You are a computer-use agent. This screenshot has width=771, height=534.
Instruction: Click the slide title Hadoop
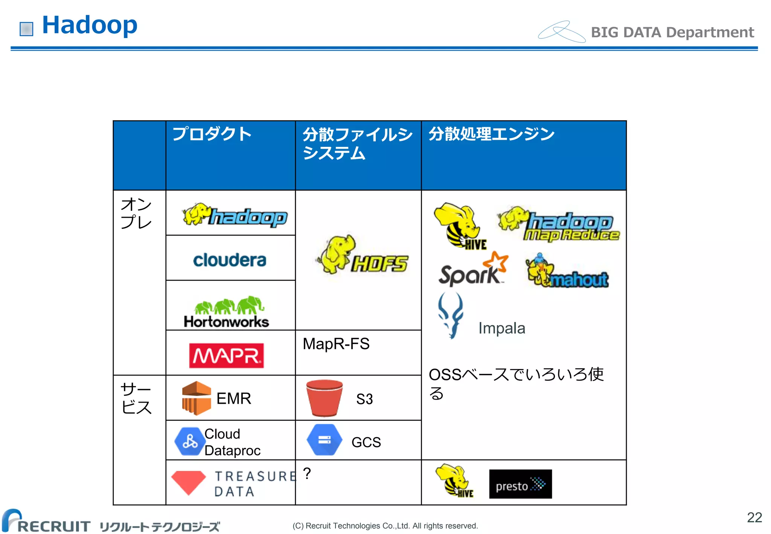pos(90,25)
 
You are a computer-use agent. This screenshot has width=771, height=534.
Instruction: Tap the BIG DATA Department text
pos(672,32)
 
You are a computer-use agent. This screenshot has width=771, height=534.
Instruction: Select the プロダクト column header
pos(212,134)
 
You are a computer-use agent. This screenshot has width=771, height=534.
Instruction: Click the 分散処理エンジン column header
pos(491,134)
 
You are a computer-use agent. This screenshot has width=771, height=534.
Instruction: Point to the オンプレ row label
pos(136,213)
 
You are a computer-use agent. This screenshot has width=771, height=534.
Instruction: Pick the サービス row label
pos(136,398)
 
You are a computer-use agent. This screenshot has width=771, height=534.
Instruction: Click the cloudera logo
pos(230,260)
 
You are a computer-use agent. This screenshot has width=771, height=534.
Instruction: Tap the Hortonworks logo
pos(227,312)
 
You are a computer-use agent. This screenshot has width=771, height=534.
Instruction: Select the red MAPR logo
pos(226,355)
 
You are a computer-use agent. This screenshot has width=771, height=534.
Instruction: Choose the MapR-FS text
pos(336,344)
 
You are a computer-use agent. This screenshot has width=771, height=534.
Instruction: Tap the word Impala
pos(501,328)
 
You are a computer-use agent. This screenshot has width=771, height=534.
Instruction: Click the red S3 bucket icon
pos(324,398)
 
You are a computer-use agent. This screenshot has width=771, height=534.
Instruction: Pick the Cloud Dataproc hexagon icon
pos(189,441)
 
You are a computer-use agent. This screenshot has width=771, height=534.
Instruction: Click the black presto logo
pos(520,484)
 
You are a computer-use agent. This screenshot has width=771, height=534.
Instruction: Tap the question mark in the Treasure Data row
pos(307,473)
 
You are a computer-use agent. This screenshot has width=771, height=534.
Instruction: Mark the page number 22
pos(754,517)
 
